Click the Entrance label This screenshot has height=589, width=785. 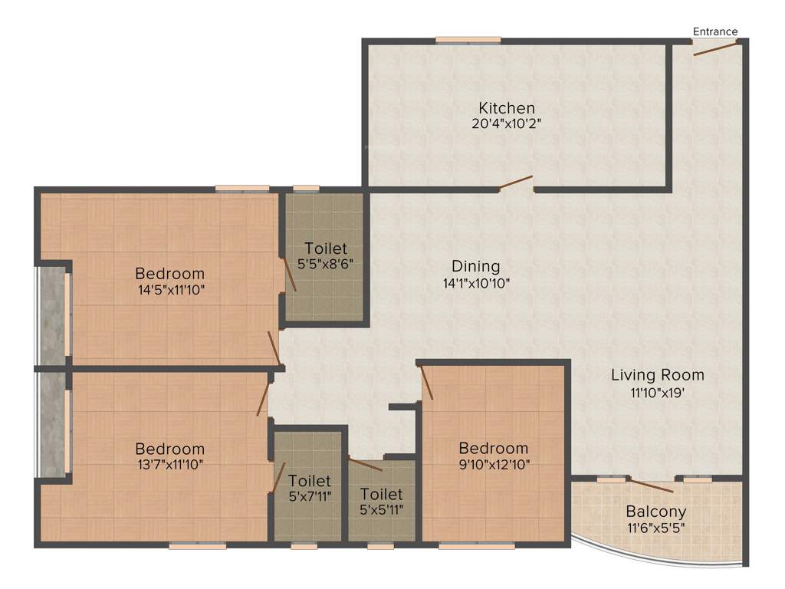click(715, 31)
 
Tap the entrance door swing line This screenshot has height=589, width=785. click(717, 48)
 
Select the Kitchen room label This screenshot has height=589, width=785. click(507, 107)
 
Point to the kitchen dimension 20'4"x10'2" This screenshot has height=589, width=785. click(507, 123)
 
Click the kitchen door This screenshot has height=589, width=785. click(515, 183)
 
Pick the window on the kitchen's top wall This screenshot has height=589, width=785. click(468, 40)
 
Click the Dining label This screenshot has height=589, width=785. click(475, 266)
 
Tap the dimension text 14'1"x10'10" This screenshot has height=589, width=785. click(475, 282)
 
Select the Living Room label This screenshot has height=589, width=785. click(657, 375)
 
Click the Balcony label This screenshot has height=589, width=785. click(655, 512)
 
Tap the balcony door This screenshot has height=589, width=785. click(652, 485)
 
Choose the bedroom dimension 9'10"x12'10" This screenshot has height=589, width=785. click(494, 464)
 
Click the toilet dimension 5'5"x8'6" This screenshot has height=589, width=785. click(325, 264)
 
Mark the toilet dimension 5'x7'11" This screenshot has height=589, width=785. click(310, 497)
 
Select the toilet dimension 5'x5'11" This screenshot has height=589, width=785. click(381, 510)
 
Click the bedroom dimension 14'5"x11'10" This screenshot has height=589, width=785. click(169, 289)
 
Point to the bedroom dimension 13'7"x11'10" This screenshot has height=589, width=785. click(169, 464)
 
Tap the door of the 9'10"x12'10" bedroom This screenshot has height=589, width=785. click(427, 382)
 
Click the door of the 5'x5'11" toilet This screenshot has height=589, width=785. click(365, 463)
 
